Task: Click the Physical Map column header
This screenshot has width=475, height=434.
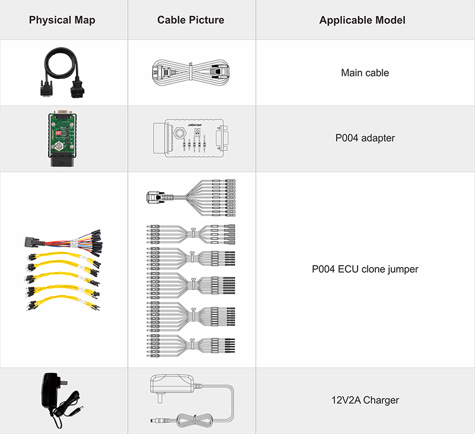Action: tap(62, 20)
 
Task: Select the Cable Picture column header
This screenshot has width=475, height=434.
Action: tap(191, 20)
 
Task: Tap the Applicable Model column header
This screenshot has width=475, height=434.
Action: tap(362, 20)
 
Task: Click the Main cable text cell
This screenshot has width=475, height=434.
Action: tap(365, 73)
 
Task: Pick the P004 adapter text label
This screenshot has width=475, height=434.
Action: tap(365, 138)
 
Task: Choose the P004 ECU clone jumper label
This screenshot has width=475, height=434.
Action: tap(365, 269)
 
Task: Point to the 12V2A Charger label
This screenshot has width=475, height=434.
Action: tap(365, 400)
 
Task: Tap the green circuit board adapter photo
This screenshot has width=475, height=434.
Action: tap(63, 139)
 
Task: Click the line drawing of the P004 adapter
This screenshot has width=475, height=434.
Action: tap(190, 139)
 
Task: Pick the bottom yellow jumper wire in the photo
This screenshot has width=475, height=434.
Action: tap(62, 304)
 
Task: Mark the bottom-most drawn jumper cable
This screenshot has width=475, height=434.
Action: tap(190, 346)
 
